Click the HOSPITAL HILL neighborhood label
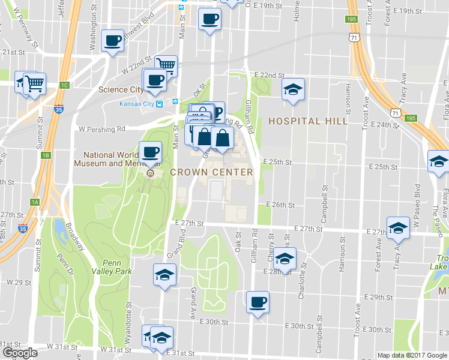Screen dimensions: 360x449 pyautogui.click(x=307, y=121)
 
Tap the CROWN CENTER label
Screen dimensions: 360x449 pyautogui.click(x=211, y=172)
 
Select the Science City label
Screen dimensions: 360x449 pyautogui.click(x=121, y=90)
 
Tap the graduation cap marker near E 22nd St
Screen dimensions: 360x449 pyautogui.click(x=293, y=90)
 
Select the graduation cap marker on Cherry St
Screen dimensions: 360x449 pyautogui.click(x=285, y=259)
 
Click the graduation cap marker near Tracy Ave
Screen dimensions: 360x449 pyautogui.click(x=397, y=228)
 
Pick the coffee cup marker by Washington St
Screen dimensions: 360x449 pyautogui.click(x=113, y=41)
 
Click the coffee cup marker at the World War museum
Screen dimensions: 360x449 pyautogui.click(x=150, y=152)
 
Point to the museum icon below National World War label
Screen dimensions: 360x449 pyautogui.click(x=150, y=174)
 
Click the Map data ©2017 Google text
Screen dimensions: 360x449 pyautogui.click(x=412, y=355)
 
